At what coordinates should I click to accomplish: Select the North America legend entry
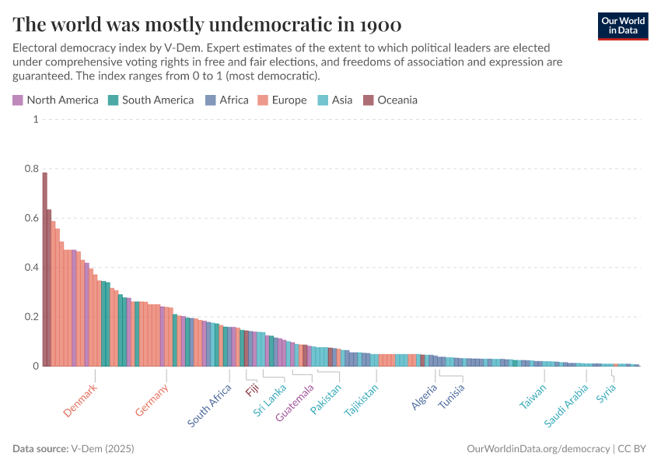point(55,100)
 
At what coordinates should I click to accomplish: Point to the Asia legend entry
point(334,100)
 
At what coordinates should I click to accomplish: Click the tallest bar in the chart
point(45,269)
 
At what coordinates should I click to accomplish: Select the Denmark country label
point(80,401)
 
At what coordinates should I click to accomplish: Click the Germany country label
point(151,401)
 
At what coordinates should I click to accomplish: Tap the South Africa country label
point(209,406)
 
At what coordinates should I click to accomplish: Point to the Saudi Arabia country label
point(565,408)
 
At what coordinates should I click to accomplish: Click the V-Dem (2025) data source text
point(103,449)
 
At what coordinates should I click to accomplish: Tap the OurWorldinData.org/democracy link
point(537,449)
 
